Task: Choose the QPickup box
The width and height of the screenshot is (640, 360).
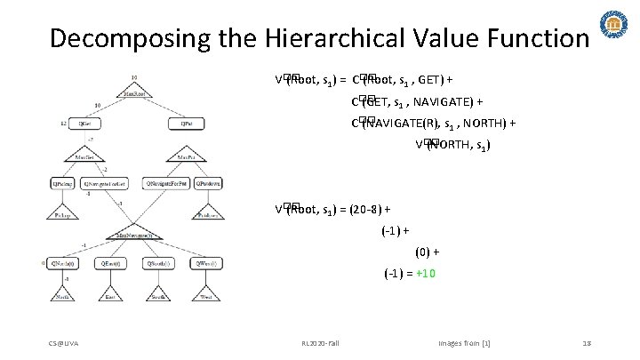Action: [62, 183]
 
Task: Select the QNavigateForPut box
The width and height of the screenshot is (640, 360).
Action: [166, 183]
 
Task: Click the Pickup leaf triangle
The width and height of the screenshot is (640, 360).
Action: [62, 213]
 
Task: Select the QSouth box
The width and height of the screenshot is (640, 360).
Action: [161, 264]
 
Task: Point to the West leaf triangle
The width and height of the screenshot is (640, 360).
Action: [208, 294]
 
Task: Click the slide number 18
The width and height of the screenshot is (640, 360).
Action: [587, 343]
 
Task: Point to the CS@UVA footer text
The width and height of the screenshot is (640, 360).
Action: [64, 343]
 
